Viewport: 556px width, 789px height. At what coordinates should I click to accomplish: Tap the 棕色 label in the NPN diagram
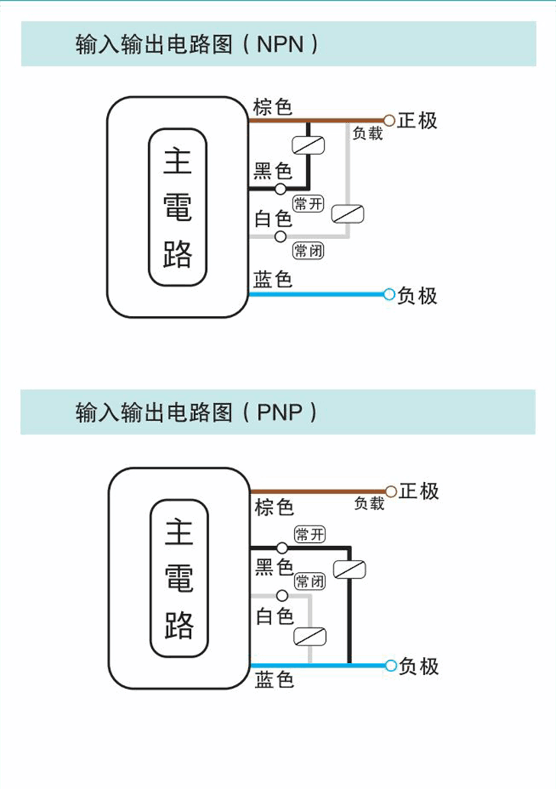273,107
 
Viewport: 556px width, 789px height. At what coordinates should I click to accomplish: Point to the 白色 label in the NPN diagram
273,219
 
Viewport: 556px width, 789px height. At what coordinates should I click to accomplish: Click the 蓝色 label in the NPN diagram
273,280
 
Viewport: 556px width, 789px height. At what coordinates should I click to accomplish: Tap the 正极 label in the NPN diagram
418,121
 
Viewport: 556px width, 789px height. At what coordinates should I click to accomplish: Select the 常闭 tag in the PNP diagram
309,581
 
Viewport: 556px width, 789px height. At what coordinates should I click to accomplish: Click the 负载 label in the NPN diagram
367,134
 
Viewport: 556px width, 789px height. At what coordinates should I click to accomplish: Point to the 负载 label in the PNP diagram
369,503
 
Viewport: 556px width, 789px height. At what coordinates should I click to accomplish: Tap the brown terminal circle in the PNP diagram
391,491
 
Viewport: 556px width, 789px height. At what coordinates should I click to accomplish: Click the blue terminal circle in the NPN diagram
390,294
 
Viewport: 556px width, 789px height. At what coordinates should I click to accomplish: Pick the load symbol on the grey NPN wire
348,215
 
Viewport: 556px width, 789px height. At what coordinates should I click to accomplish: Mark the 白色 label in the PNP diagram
274,616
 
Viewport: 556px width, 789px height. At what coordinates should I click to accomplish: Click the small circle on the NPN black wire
280,189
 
